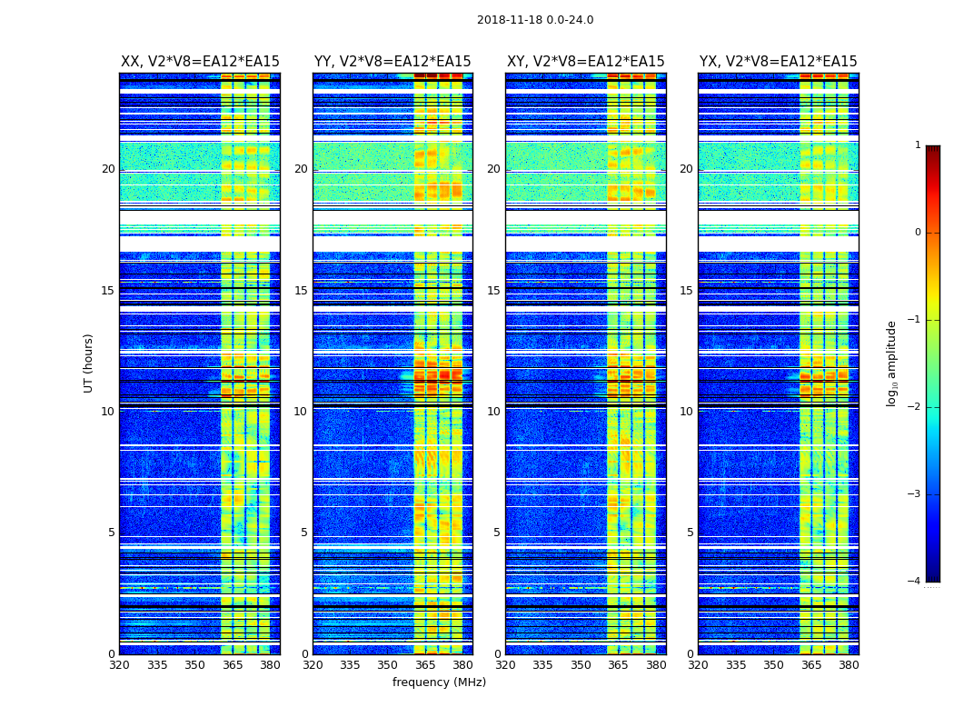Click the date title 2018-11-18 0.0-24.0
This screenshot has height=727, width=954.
coord(535,20)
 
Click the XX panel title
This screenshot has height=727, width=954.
coord(200,62)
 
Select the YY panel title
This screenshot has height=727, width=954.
coord(393,62)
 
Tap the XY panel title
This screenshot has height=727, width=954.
coord(585,62)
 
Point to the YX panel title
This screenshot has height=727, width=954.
coord(778,62)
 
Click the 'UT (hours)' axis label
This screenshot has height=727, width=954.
coord(88,363)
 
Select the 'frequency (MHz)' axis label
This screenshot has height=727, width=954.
coord(439,682)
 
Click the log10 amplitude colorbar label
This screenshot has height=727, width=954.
coord(891,363)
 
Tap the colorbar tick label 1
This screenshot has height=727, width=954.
coord(917,145)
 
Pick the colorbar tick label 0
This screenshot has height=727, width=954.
coord(917,233)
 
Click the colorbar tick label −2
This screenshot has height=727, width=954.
coord(915,407)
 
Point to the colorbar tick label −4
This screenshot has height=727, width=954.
coord(915,582)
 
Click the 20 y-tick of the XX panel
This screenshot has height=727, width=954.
coord(108,169)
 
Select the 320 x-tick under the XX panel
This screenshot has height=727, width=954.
coord(119,665)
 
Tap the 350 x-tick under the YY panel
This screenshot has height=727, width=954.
coord(388,665)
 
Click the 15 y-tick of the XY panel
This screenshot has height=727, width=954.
coord(493,291)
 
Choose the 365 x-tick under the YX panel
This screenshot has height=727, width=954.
coord(811,665)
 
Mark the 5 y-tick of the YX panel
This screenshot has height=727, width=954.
coord(690,533)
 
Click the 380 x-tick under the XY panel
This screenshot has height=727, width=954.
coord(656,665)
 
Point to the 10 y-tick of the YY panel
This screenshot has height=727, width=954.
coord(301,412)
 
